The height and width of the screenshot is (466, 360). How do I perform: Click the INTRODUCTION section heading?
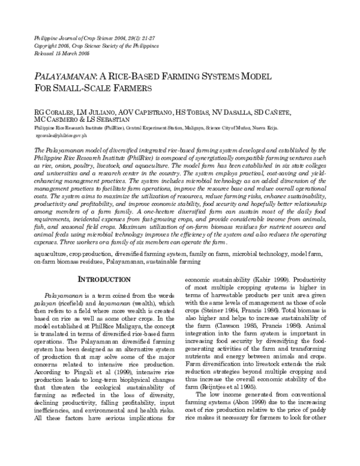[106, 278]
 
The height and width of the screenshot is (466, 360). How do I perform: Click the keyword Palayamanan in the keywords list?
[112, 262]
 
